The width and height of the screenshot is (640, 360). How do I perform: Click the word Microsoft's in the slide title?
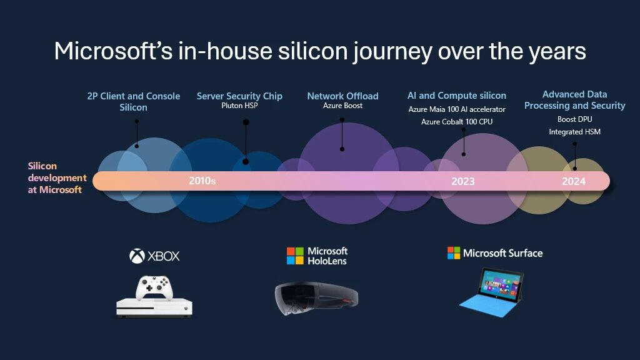pos(107,51)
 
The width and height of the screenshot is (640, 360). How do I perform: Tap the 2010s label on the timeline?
pos(202,181)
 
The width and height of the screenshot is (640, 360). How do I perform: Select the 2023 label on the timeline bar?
pos(462,181)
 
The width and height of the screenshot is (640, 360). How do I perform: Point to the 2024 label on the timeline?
pos(573,181)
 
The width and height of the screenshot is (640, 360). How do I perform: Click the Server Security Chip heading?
pos(239,96)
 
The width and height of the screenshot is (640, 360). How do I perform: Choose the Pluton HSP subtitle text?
pos(239,106)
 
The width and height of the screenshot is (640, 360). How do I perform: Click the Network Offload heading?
pos(342,96)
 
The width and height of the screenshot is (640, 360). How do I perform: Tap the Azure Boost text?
pos(342,106)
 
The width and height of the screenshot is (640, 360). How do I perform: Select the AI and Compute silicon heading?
pos(457,96)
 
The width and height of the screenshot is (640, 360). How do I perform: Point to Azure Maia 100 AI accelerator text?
pos(457,109)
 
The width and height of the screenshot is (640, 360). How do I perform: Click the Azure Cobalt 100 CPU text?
pos(457,121)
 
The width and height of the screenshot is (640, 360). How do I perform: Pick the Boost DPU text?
pos(574,119)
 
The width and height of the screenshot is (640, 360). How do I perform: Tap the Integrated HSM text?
pos(574,132)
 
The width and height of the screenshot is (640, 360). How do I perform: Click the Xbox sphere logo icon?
pos(137,256)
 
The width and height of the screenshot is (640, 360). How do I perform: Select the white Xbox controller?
pos(154,288)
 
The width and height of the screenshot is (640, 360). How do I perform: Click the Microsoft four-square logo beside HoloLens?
pos(295,256)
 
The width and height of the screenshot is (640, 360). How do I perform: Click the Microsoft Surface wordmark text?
pos(502,253)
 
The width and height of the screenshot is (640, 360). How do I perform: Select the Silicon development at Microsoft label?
pos(56,178)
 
